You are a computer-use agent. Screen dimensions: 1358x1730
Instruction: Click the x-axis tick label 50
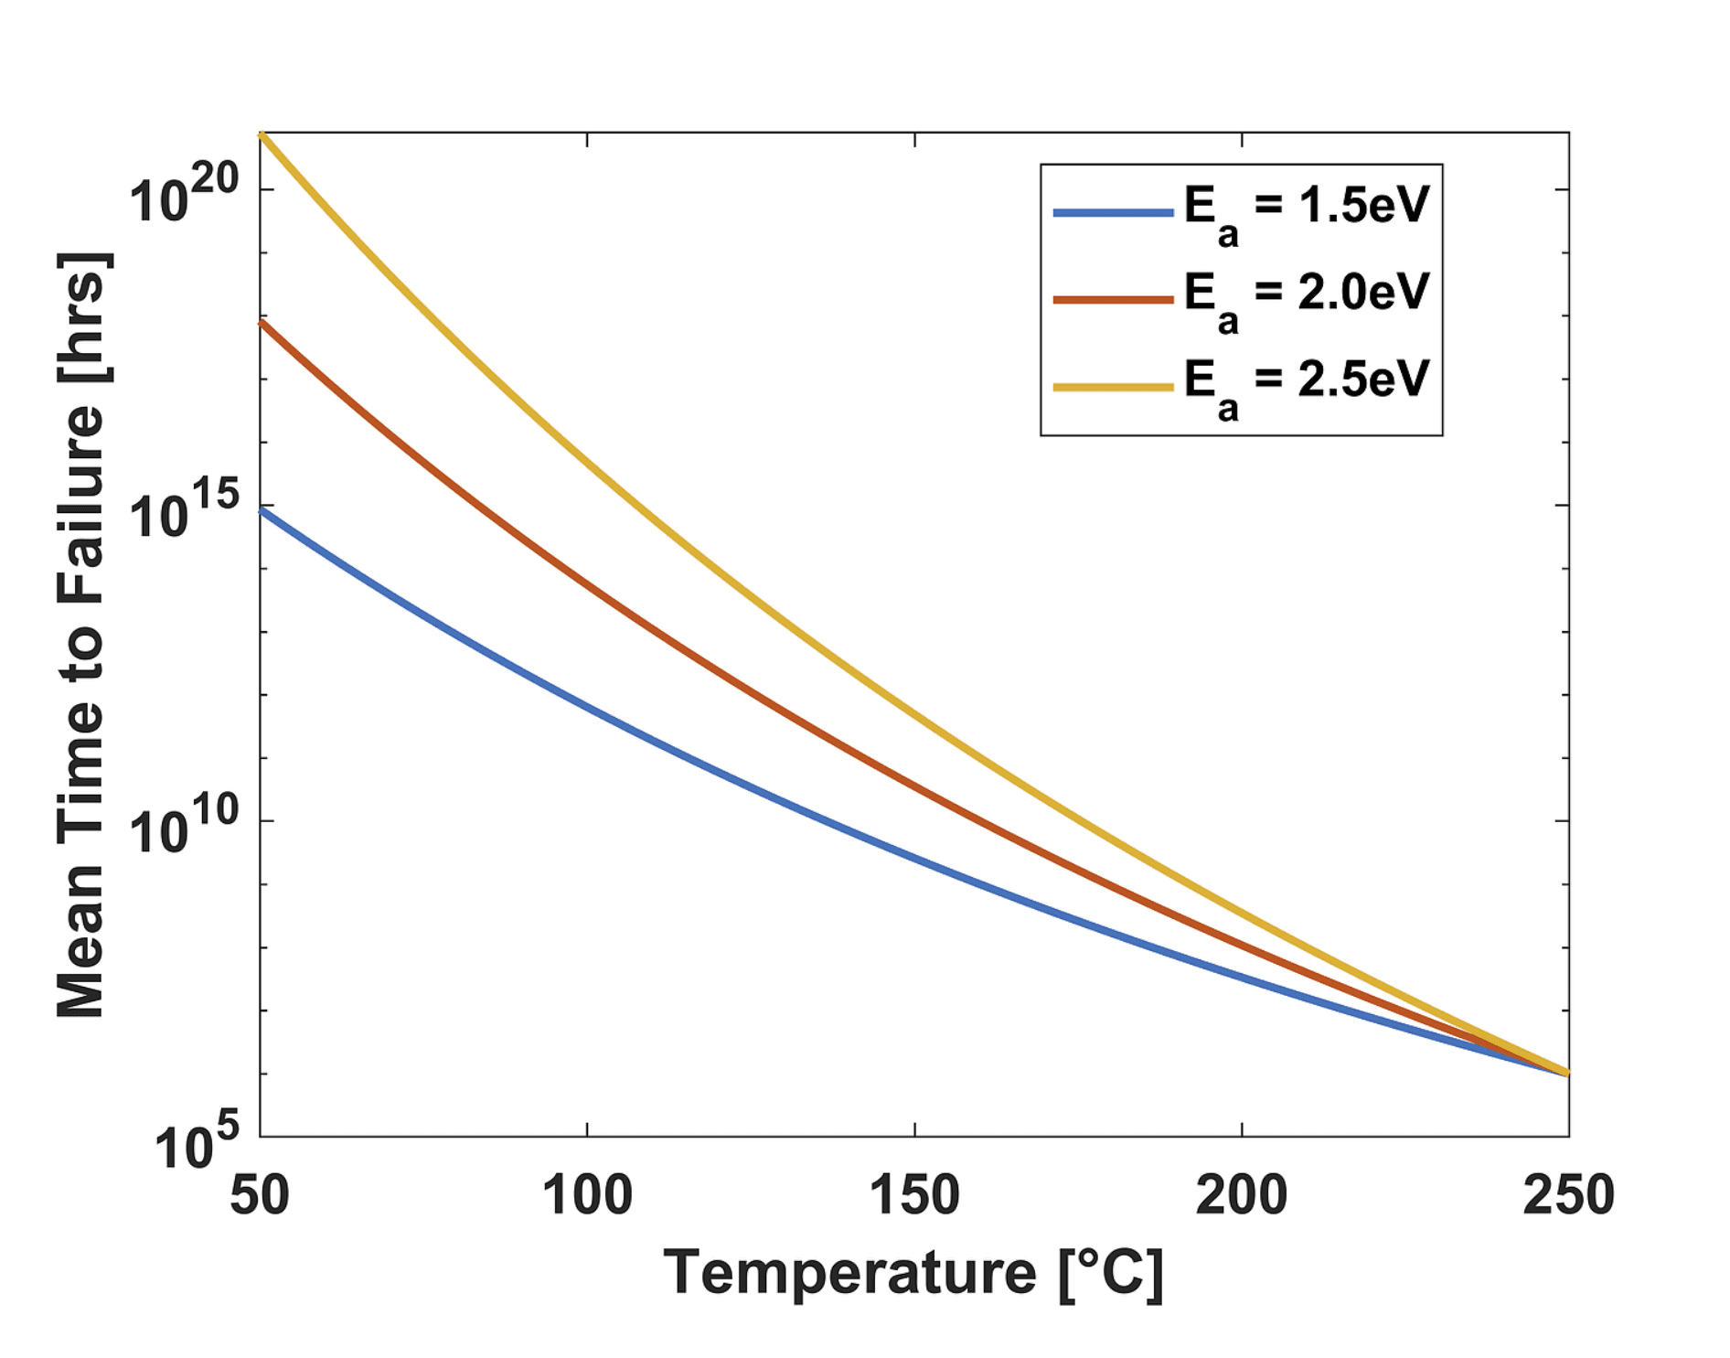click(x=260, y=1195)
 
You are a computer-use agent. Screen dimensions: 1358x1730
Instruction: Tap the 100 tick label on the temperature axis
click(x=587, y=1195)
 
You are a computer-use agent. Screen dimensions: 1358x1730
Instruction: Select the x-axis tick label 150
click(x=914, y=1195)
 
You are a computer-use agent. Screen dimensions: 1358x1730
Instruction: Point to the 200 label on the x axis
click(x=1241, y=1195)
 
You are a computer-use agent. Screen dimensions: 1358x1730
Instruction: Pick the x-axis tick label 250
click(x=1568, y=1195)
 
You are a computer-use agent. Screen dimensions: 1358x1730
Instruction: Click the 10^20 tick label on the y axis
click(x=184, y=195)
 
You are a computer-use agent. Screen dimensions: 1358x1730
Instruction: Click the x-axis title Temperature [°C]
click(x=913, y=1273)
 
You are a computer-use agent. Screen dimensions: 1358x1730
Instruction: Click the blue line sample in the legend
click(x=1113, y=213)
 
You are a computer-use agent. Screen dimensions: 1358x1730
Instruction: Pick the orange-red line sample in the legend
click(x=1113, y=300)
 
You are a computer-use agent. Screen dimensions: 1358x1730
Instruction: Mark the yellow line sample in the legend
click(x=1113, y=387)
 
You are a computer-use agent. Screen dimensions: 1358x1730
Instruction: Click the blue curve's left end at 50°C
click(x=262, y=510)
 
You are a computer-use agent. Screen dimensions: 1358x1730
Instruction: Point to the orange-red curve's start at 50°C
click(x=262, y=323)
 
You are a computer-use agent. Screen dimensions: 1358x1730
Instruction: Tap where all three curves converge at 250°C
click(x=1566, y=1073)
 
